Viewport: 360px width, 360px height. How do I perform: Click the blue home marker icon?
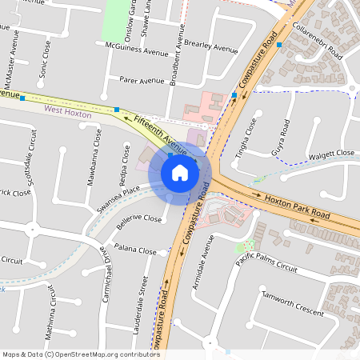point(180,172)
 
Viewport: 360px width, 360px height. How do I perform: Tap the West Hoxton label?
point(68,115)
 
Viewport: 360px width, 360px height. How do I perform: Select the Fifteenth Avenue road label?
point(161,135)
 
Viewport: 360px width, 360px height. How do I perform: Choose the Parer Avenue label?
point(141,81)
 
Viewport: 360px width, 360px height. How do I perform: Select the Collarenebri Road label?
point(318,42)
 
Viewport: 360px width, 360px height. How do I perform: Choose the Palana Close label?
point(135,250)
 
